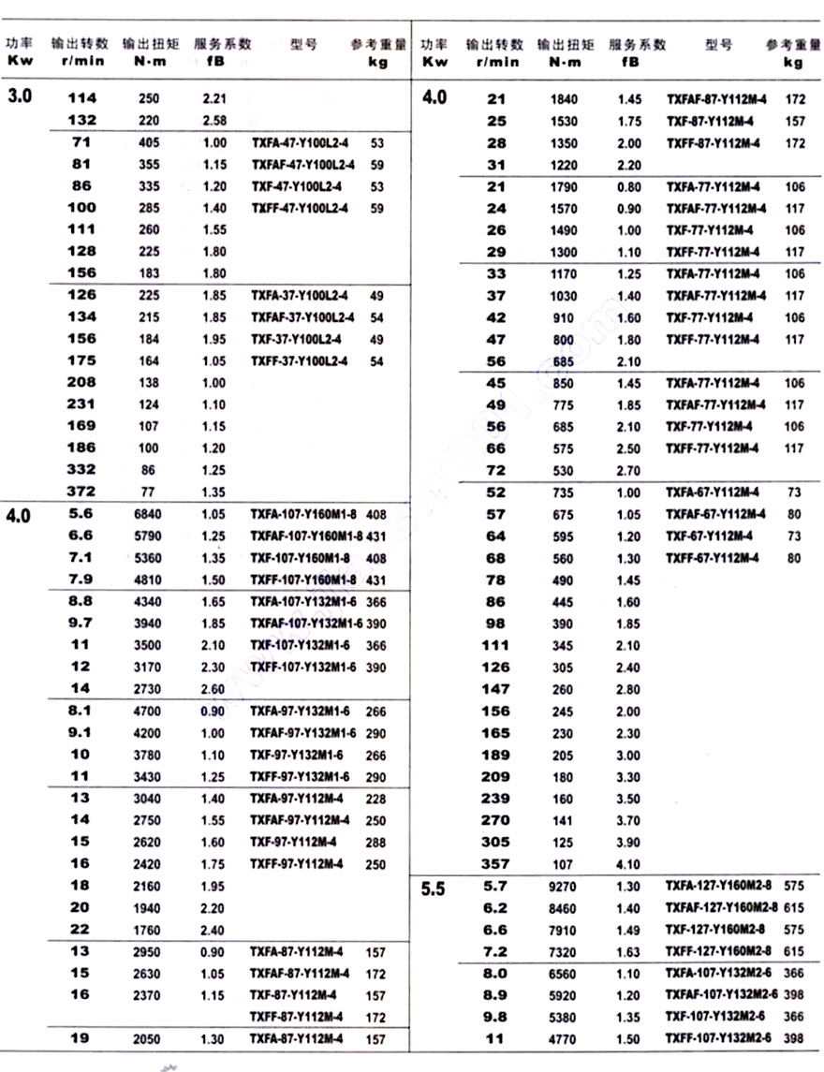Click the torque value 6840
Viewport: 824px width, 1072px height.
tap(149, 513)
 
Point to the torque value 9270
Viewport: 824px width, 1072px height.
tap(562, 886)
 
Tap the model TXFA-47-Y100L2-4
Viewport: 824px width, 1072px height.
tap(298, 143)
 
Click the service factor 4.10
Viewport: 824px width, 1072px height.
tap(629, 864)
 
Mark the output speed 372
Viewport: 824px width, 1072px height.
tap(82, 491)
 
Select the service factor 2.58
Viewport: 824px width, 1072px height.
tap(214, 120)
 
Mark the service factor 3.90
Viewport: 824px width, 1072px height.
tap(629, 843)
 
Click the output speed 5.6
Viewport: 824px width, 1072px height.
tap(81, 513)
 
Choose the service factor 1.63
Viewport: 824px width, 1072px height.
tap(629, 951)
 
